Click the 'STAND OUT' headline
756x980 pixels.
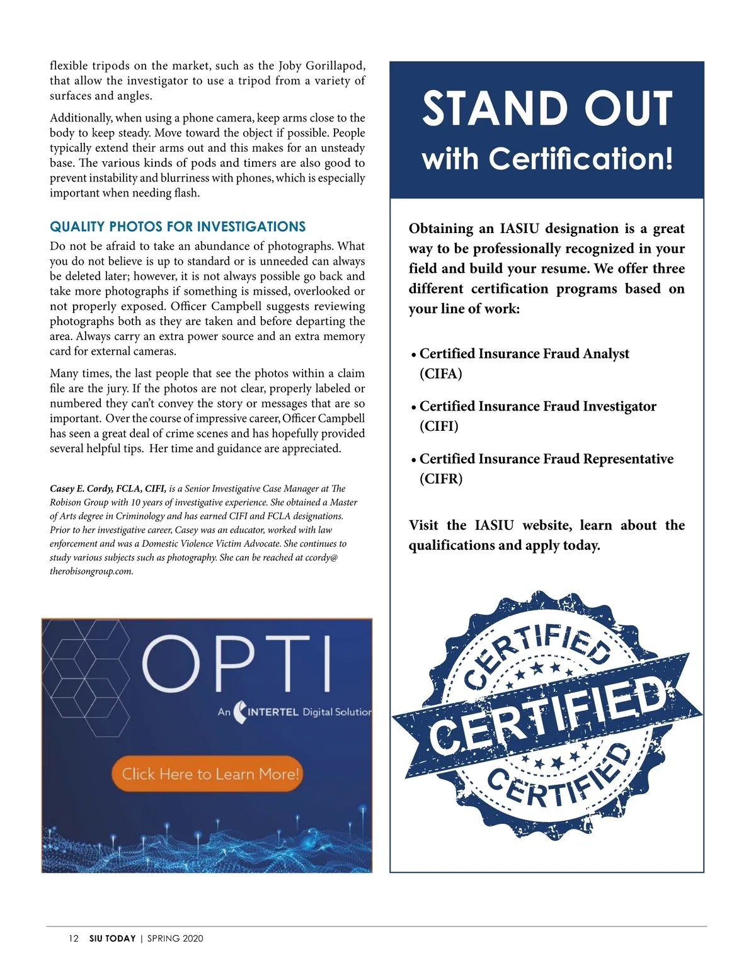pos(547,108)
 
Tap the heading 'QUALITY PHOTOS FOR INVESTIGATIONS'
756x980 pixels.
pos(178,227)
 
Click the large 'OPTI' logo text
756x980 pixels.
pos(237,664)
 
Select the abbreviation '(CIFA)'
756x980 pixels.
pos(441,374)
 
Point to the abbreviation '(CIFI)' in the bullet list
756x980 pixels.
pos(439,426)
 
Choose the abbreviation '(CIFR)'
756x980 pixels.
pos(441,479)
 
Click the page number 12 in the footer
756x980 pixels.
pos(74,938)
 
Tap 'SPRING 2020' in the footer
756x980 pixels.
pos(175,938)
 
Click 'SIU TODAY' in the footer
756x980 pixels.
pos(112,938)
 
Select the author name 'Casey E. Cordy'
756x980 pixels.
pos(81,489)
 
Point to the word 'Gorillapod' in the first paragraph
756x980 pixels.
pos(335,66)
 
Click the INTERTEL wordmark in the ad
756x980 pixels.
pos(273,712)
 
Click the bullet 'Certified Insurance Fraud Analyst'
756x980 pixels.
pos(524,354)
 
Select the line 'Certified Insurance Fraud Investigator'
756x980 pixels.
pos(538,406)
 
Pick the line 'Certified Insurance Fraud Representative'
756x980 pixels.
pos(546,459)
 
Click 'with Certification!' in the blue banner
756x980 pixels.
pos(547,159)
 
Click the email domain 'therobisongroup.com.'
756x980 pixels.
pos(91,572)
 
